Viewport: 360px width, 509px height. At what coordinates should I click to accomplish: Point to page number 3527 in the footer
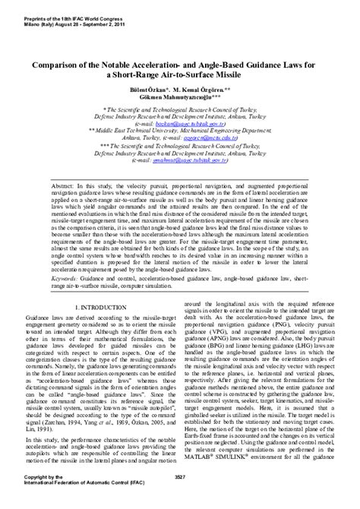point(180,497)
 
